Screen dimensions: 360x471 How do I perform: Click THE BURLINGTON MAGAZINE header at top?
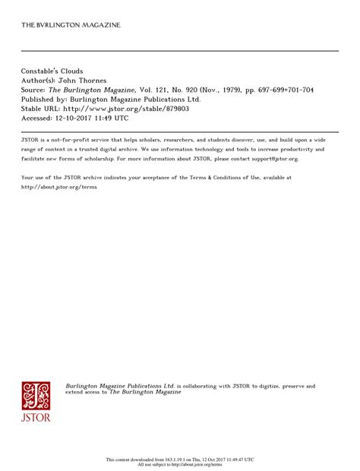[x=71, y=25]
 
